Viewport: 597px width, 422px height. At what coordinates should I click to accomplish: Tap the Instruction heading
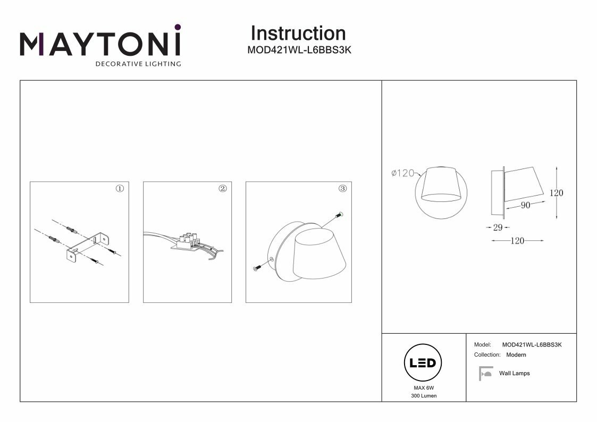tap(298, 33)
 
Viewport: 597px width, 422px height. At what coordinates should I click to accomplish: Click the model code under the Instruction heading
tap(300, 50)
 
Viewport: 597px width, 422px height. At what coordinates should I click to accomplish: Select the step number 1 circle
tap(120, 189)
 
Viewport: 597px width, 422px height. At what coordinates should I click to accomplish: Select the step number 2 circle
tap(223, 189)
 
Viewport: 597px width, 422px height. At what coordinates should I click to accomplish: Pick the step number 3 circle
tap(342, 189)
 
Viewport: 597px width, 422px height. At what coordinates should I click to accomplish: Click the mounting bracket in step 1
tap(88, 244)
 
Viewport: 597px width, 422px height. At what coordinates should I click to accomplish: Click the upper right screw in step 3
tap(339, 215)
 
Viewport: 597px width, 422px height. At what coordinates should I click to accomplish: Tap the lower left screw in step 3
tap(256, 268)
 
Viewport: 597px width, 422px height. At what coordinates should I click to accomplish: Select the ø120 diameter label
tap(402, 173)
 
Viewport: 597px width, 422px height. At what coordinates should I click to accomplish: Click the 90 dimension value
tap(525, 206)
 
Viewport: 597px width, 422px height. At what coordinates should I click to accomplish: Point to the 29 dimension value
tap(498, 227)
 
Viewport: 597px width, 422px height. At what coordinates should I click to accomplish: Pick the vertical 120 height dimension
tap(556, 193)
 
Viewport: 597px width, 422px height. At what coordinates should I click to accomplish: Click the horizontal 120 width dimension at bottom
tap(517, 241)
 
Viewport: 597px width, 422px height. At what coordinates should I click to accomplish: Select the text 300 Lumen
tap(424, 396)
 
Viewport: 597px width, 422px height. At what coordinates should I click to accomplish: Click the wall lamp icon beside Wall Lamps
tap(485, 374)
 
